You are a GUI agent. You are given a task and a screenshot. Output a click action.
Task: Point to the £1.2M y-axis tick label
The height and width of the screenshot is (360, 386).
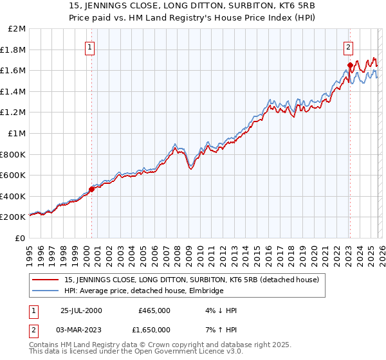coord(13,113)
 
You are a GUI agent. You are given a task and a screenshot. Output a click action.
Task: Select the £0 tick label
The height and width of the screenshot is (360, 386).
coord(20,238)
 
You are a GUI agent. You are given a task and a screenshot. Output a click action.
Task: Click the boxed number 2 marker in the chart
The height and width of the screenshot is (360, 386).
coord(348,46)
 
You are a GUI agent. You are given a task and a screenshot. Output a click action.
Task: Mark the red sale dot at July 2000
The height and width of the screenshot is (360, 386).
coord(91,189)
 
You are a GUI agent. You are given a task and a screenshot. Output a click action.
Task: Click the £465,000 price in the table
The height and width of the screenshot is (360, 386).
coord(154,310)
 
